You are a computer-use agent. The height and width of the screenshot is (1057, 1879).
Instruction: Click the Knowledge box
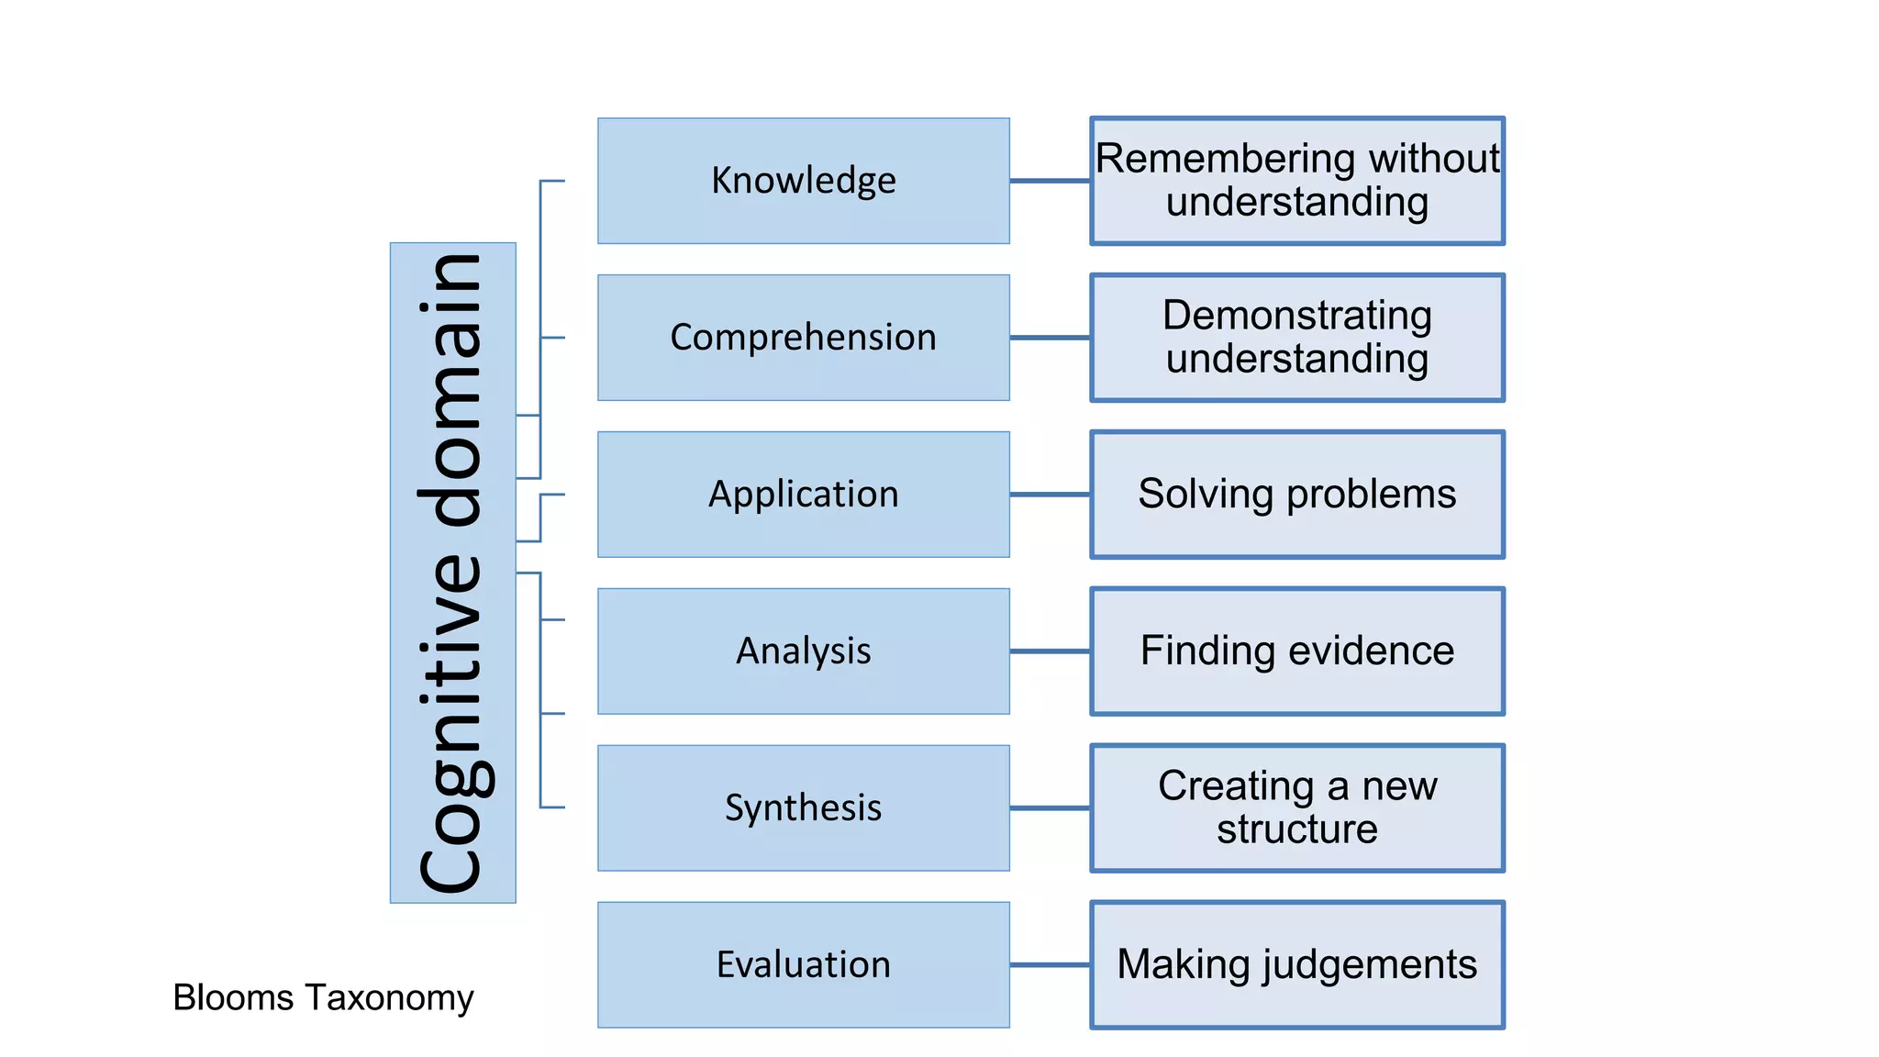[803, 181]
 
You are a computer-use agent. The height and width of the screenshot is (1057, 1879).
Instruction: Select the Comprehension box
[803, 338]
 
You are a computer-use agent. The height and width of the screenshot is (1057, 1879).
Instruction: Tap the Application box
[803, 495]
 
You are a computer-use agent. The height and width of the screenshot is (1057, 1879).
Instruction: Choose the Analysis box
[803, 651]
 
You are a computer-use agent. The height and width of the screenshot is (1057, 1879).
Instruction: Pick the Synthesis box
[803, 808]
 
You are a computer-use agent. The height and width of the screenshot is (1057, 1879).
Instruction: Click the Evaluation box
[803, 965]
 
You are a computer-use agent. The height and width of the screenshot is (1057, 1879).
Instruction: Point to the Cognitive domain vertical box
[452, 573]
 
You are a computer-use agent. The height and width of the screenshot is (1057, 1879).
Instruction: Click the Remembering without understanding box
[1297, 181]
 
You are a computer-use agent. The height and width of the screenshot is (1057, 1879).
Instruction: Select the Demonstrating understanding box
[1297, 338]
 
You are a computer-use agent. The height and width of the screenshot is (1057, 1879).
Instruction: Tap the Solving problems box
[1297, 495]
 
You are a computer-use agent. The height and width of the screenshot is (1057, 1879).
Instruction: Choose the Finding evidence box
[1297, 651]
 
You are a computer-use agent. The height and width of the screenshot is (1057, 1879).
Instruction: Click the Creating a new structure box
[1297, 808]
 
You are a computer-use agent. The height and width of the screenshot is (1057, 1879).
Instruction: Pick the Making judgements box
[1297, 965]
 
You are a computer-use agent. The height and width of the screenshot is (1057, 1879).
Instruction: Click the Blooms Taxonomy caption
[323, 997]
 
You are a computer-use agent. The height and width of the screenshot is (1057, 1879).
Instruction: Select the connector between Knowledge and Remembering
[1050, 181]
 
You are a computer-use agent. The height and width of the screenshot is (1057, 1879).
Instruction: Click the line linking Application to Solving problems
[1050, 495]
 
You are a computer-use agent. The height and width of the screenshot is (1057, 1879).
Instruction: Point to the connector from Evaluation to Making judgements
[1050, 965]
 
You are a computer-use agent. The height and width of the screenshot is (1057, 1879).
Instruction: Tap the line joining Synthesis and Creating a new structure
[1050, 808]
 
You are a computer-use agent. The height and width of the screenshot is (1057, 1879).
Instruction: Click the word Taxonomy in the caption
[389, 998]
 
